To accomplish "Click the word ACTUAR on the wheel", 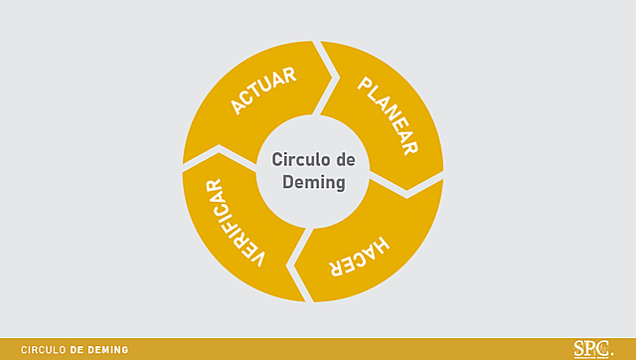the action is [x=262, y=91].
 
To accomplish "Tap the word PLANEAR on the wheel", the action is [x=387, y=115].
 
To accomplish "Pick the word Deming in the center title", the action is [x=313, y=183].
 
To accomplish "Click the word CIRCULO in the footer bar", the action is [x=44, y=350].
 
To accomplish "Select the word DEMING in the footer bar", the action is [x=108, y=350].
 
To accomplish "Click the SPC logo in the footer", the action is [x=593, y=349].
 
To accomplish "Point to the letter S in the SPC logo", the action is [x=580, y=349].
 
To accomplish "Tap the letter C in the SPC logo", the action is [x=605, y=349].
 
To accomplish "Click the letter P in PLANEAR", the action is [x=365, y=85].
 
